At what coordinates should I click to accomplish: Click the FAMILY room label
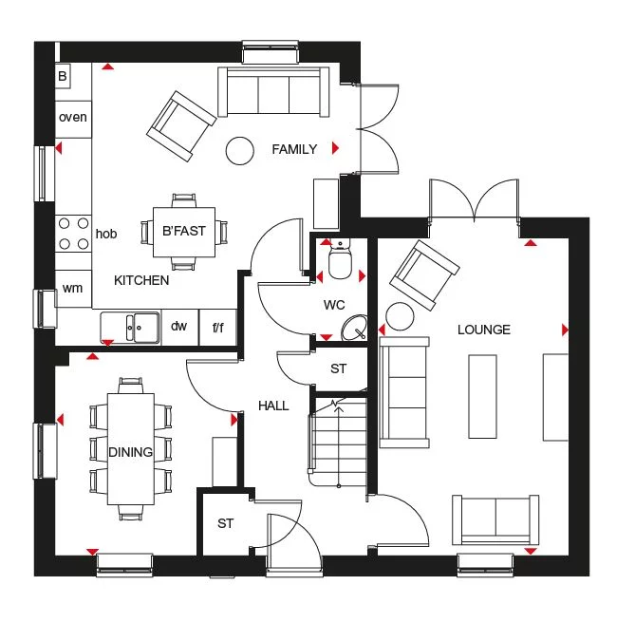pyautogui.click(x=294, y=149)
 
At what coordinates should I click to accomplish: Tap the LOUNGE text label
pyautogui.click(x=483, y=330)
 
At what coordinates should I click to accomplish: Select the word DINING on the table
pyautogui.click(x=130, y=452)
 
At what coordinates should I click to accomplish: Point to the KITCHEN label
pyautogui.click(x=141, y=280)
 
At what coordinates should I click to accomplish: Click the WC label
pyautogui.click(x=333, y=306)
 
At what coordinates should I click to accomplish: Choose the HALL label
pyautogui.click(x=273, y=406)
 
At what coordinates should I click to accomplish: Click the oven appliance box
pyautogui.click(x=73, y=118)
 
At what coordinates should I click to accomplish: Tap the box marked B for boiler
pyautogui.click(x=64, y=76)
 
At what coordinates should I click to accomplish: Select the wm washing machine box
pyautogui.click(x=72, y=288)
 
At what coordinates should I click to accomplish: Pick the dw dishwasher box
pyautogui.click(x=178, y=327)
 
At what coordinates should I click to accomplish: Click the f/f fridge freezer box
pyautogui.click(x=217, y=328)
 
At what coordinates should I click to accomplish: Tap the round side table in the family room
pyautogui.click(x=239, y=149)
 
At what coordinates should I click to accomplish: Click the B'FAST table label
pyautogui.click(x=184, y=231)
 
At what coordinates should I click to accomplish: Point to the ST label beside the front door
pyautogui.click(x=225, y=523)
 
